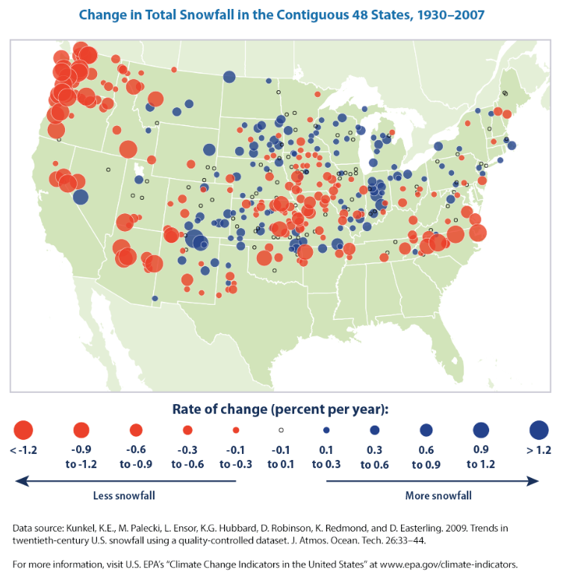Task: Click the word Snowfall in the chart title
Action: [207, 15]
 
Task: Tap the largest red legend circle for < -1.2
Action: [23, 430]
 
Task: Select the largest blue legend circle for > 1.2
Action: [539, 430]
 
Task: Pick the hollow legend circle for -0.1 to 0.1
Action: [281, 430]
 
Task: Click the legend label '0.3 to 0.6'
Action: [375, 457]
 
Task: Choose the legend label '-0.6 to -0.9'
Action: [136, 457]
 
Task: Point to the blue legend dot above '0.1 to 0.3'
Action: [326, 430]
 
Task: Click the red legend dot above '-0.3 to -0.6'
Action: [187, 430]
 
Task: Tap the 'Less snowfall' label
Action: [124, 495]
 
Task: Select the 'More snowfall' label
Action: [438, 495]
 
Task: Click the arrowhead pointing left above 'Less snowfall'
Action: [22, 481]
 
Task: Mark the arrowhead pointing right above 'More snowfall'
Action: [532, 481]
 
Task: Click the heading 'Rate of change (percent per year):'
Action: [281, 409]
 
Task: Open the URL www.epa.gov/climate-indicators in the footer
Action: [449, 564]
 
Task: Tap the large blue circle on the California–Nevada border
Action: [81, 197]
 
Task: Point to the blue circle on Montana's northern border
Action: [229, 77]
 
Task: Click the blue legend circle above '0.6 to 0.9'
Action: [426, 430]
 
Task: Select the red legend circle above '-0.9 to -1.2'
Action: [81, 430]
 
